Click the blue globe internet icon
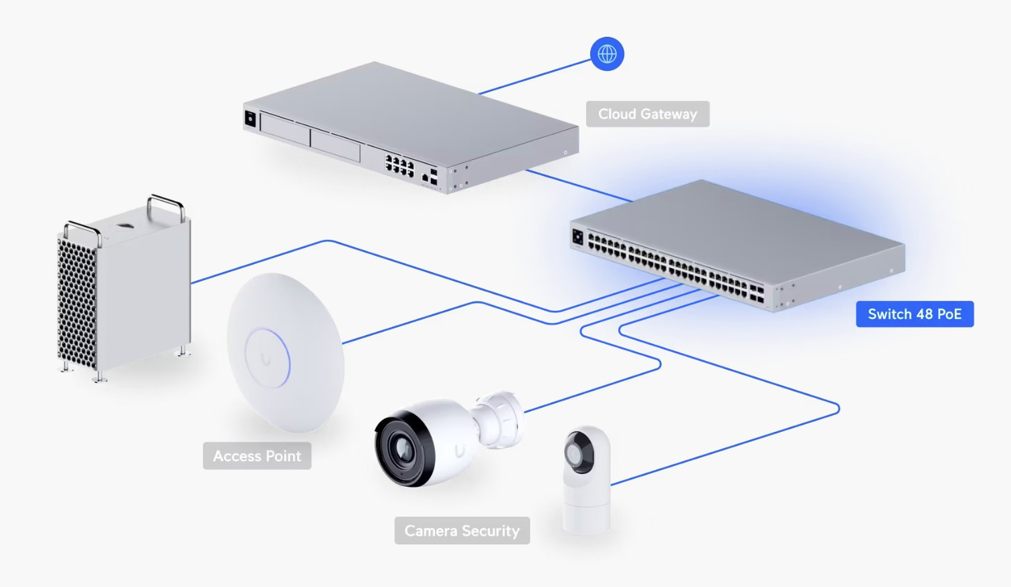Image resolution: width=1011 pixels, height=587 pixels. click(x=607, y=54)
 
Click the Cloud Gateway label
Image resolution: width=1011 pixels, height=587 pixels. click(x=647, y=114)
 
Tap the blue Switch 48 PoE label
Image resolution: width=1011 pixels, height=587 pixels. click(x=914, y=314)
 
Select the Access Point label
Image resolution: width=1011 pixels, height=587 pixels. click(x=257, y=456)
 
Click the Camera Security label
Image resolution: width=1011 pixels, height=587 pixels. click(x=462, y=531)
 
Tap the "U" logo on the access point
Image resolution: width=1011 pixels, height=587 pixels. click(x=266, y=360)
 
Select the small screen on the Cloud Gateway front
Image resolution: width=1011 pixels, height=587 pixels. click(x=250, y=119)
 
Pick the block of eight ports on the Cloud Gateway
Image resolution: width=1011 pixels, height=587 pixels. click(x=399, y=165)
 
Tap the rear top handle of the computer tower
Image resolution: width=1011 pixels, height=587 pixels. click(x=166, y=204)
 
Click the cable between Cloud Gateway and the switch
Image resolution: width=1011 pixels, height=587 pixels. click(x=579, y=186)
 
